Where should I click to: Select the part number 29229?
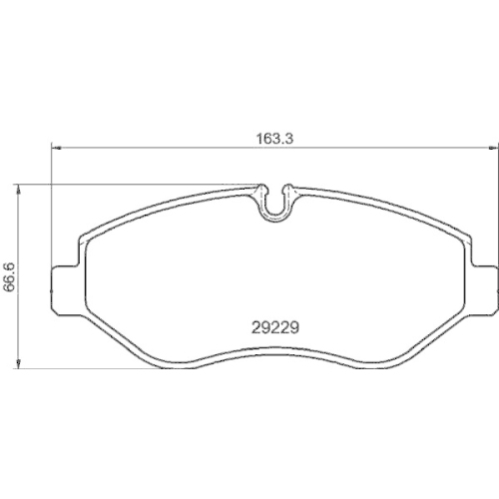click(273, 324)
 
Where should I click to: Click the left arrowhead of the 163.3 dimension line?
click(57, 148)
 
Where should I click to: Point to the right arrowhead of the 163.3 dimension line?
click(488, 148)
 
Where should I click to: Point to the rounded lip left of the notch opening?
click(261, 187)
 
